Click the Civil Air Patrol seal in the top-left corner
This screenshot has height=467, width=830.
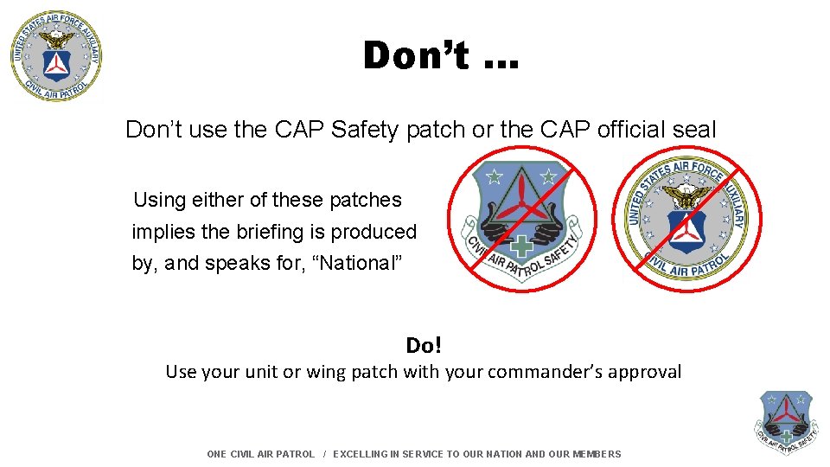(56, 56)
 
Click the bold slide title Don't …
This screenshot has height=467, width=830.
(441, 56)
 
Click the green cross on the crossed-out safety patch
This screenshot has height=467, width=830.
(519, 248)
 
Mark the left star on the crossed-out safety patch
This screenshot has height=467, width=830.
(495, 177)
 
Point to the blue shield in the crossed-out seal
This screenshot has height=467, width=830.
(688, 231)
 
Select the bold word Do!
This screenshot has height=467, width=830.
(424, 346)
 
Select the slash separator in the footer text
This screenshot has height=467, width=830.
(324, 454)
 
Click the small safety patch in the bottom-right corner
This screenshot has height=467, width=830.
(786, 422)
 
